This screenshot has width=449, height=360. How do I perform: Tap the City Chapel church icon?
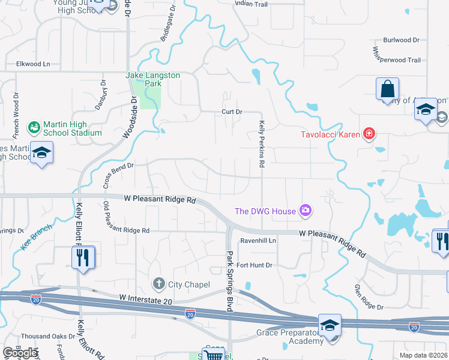159,283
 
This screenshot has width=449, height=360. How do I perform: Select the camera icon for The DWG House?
306,210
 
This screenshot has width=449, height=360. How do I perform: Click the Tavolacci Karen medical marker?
369,133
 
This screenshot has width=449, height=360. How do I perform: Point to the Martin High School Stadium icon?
34,127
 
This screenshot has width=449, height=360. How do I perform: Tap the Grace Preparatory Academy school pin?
330,325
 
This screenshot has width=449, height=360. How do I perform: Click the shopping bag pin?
387,90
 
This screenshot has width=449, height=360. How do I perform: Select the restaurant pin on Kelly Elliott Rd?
83,257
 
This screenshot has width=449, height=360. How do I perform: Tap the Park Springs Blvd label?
229,280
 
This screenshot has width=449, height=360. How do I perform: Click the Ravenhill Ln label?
258,241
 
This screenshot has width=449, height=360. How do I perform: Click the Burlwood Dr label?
402,40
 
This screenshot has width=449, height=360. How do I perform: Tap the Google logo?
20,353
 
